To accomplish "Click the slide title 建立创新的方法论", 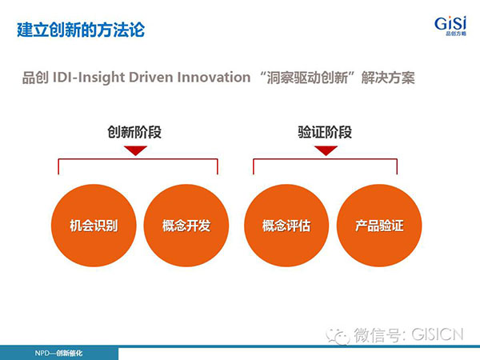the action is [81, 30].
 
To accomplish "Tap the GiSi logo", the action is [450, 26].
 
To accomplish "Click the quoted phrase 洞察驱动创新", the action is [307, 78].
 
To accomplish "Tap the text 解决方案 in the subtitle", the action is [388, 78].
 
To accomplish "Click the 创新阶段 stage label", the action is [134, 132].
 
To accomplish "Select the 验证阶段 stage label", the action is [325, 132].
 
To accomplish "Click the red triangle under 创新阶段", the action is [136, 150].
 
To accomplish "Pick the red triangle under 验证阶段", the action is [326, 150].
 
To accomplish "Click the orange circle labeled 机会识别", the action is [94, 226].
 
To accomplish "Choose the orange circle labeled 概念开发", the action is [186, 226].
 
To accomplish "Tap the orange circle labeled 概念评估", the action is [286, 226].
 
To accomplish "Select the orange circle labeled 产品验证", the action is [379, 226].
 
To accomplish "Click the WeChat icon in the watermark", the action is [338, 336].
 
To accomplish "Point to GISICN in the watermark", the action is [438, 334].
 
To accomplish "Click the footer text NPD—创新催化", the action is [58, 354].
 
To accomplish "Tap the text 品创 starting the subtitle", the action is [35, 78].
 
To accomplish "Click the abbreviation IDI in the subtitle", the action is [63, 78].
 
